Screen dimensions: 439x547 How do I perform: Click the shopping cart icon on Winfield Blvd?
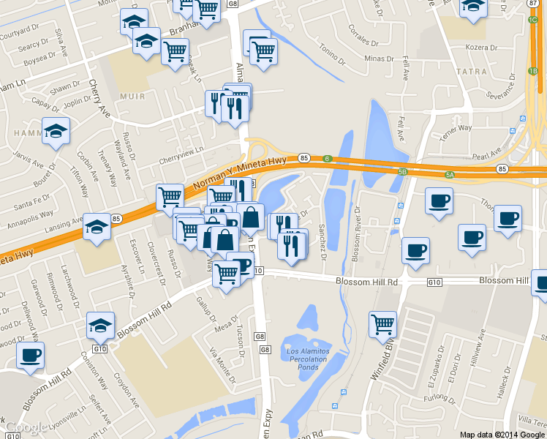click(x=382, y=323)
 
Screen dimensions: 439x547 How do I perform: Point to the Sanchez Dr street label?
click(x=322, y=241)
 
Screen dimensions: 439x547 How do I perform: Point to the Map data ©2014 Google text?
click(x=502, y=434)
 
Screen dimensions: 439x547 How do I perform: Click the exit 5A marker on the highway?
click(x=450, y=175)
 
